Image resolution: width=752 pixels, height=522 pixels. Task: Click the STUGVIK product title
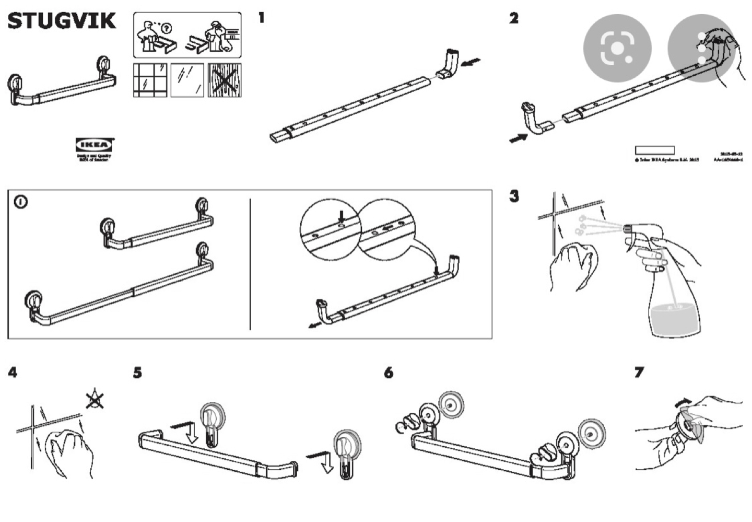62,21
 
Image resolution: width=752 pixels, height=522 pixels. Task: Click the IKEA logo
95,145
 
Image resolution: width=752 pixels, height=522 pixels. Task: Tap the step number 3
514,196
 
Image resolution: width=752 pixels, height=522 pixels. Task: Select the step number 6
388,373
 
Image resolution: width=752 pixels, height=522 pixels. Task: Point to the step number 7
639,372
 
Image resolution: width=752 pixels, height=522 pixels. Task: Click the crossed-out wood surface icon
225,80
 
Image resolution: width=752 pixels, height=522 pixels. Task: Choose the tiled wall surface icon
150,80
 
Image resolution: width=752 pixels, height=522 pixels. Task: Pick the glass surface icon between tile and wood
187,80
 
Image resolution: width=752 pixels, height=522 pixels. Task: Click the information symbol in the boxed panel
21,202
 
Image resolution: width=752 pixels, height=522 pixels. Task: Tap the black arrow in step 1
472,63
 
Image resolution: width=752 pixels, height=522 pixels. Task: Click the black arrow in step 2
518,138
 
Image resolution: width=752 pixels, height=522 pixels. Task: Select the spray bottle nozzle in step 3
628,228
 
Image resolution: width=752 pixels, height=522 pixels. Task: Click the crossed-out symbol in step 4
95,400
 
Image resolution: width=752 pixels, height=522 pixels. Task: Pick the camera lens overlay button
617,48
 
